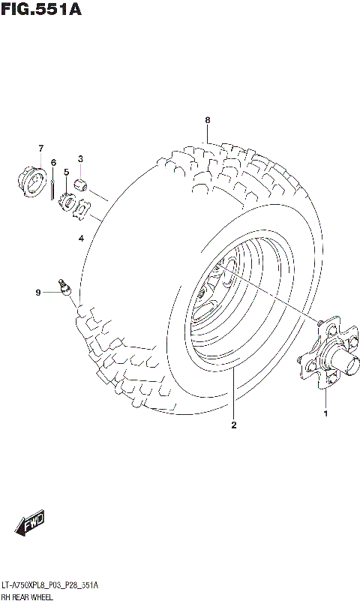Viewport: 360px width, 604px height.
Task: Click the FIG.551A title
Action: pyautogui.click(x=41, y=10)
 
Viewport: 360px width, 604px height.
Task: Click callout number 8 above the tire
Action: pyautogui.click(x=208, y=120)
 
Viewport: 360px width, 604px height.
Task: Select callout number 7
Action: pyautogui.click(x=41, y=148)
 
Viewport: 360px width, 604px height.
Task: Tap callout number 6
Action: pyautogui.click(x=53, y=162)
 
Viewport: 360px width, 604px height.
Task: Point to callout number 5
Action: pyautogui.click(x=66, y=172)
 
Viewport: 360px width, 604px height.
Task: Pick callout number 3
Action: pyautogui.click(x=80, y=158)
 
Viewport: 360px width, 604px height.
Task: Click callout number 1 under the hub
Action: pyautogui.click(x=325, y=412)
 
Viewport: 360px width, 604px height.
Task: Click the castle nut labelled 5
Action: pyautogui.click(x=66, y=202)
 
